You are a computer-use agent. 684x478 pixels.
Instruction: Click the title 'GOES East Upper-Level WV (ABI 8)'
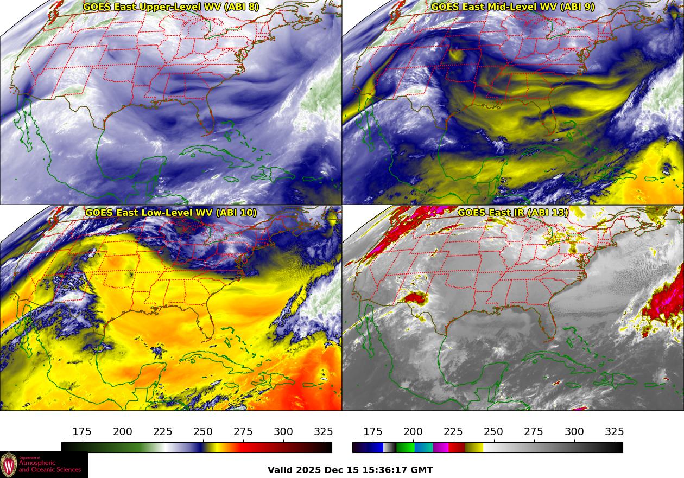[x=171, y=7]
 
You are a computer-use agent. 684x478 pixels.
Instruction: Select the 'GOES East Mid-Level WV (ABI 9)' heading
[x=512, y=7]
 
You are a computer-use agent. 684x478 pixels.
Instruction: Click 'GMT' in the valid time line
[x=422, y=470]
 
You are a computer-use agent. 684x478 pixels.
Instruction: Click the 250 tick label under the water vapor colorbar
[x=203, y=432]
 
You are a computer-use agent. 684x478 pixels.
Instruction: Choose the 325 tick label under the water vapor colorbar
[x=324, y=432]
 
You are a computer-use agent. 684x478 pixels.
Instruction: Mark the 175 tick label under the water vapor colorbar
[x=82, y=432]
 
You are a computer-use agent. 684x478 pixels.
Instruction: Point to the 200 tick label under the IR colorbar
[x=413, y=432]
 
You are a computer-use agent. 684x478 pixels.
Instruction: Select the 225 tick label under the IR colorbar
[x=453, y=432]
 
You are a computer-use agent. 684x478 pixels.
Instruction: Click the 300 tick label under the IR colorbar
[x=574, y=432]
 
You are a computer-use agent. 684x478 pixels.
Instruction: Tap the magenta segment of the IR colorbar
[x=440, y=448]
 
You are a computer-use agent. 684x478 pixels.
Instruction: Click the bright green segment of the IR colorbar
[x=404, y=448]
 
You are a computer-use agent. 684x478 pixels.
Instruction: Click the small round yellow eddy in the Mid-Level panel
[x=455, y=54]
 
